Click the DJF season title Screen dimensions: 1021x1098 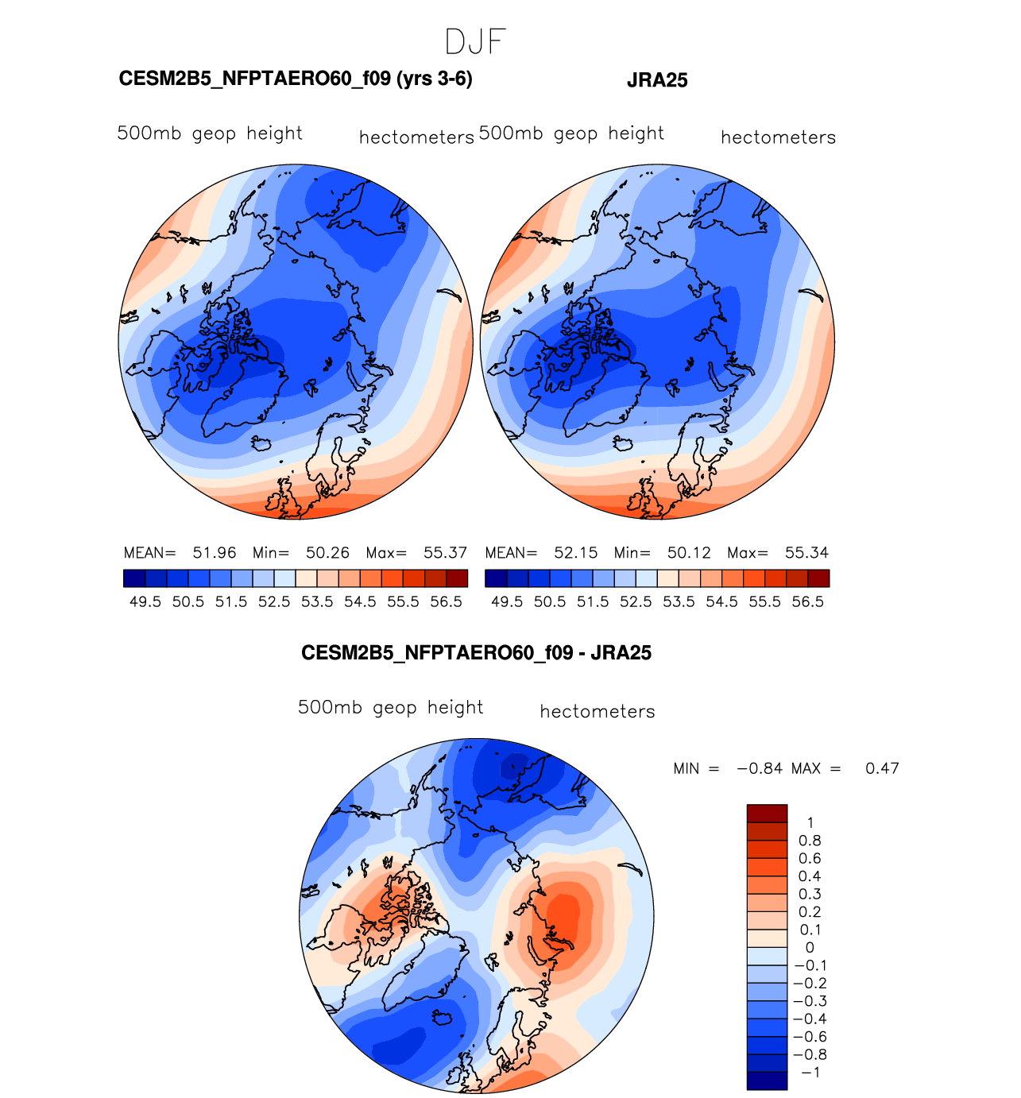click(476, 41)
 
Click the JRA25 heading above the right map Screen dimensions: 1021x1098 click(657, 81)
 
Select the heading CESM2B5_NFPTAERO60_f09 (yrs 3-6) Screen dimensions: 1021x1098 click(296, 79)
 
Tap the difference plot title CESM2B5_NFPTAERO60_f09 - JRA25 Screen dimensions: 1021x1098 click(476, 653)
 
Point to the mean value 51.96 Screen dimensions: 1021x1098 click(214, 552)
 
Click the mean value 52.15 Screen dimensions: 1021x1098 click(576, 552)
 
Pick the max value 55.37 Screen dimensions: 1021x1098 click(445, 552)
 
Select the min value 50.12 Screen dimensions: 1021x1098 click(689, 552)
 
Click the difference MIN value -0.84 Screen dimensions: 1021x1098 click(760, 768)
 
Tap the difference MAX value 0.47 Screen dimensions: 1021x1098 click(882, 768)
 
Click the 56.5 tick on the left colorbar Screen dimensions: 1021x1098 click(446, 601)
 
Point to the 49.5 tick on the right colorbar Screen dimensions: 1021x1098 click(507, 601)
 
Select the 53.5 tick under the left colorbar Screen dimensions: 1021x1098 click(317, 601)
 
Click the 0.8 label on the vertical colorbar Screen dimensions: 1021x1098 click(810, 841)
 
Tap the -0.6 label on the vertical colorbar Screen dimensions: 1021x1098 click(810, 1037)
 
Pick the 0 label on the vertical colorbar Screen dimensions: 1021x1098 click(810, 948)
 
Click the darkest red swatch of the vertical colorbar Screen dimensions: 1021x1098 click(767, 814)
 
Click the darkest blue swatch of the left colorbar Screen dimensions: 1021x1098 click(134, 578)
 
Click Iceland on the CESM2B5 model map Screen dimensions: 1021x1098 click(263, 443)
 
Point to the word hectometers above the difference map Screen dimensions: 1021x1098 click(598, 711)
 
